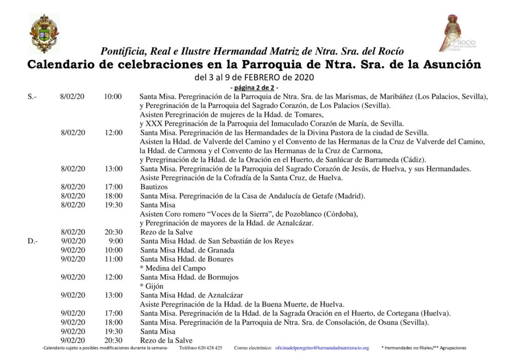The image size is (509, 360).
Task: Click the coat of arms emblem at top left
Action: click(x=44, y=34)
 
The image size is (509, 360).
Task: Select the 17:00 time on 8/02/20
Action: click(x=113, y=187)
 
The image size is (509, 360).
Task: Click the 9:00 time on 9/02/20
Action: click(x=115, y=241)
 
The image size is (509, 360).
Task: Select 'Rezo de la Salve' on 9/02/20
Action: click(x=166, y=340)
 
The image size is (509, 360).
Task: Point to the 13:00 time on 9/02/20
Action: click(x=113, y=295)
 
